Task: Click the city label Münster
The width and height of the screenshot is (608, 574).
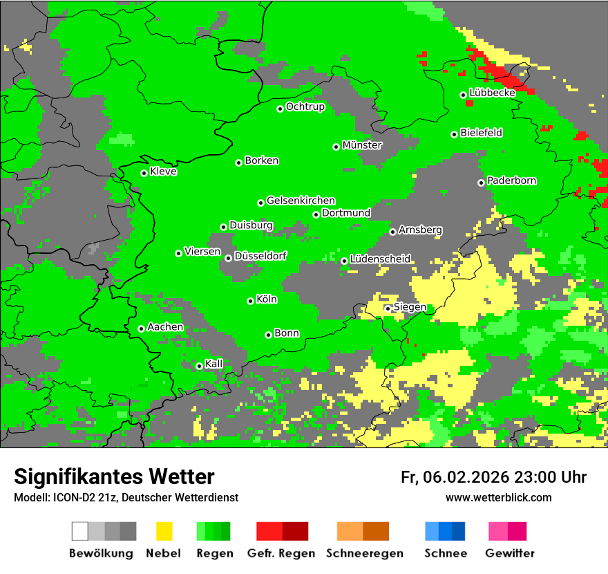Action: (362, 145)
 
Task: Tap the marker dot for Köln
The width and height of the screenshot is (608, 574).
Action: (250, 301)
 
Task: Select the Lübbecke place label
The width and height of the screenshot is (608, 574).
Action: (492, 93)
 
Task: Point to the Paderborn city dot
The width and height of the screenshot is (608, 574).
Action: (481, 183)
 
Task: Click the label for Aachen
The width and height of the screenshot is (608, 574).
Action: (165, 327)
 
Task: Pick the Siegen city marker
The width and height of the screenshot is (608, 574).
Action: (388, 308)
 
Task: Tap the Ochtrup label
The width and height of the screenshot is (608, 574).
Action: (305, 107)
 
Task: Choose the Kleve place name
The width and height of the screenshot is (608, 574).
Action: (164, 172)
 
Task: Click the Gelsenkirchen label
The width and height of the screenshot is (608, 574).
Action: (301, 201)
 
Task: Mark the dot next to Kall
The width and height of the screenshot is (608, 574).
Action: (200, 366)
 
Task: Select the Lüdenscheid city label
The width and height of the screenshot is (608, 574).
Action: (380, 259)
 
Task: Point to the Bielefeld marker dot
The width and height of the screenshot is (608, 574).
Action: (455, 134)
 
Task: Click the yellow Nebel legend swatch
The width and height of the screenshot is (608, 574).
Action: (163, 531)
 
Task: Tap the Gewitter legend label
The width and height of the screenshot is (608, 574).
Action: (510, 553)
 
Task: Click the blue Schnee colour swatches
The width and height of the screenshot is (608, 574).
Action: (445, 531)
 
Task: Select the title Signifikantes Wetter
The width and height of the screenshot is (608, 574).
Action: (114, 476)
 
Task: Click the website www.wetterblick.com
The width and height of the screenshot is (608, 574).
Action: (498, 498)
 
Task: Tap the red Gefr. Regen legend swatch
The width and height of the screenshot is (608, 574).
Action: (282, 531)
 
